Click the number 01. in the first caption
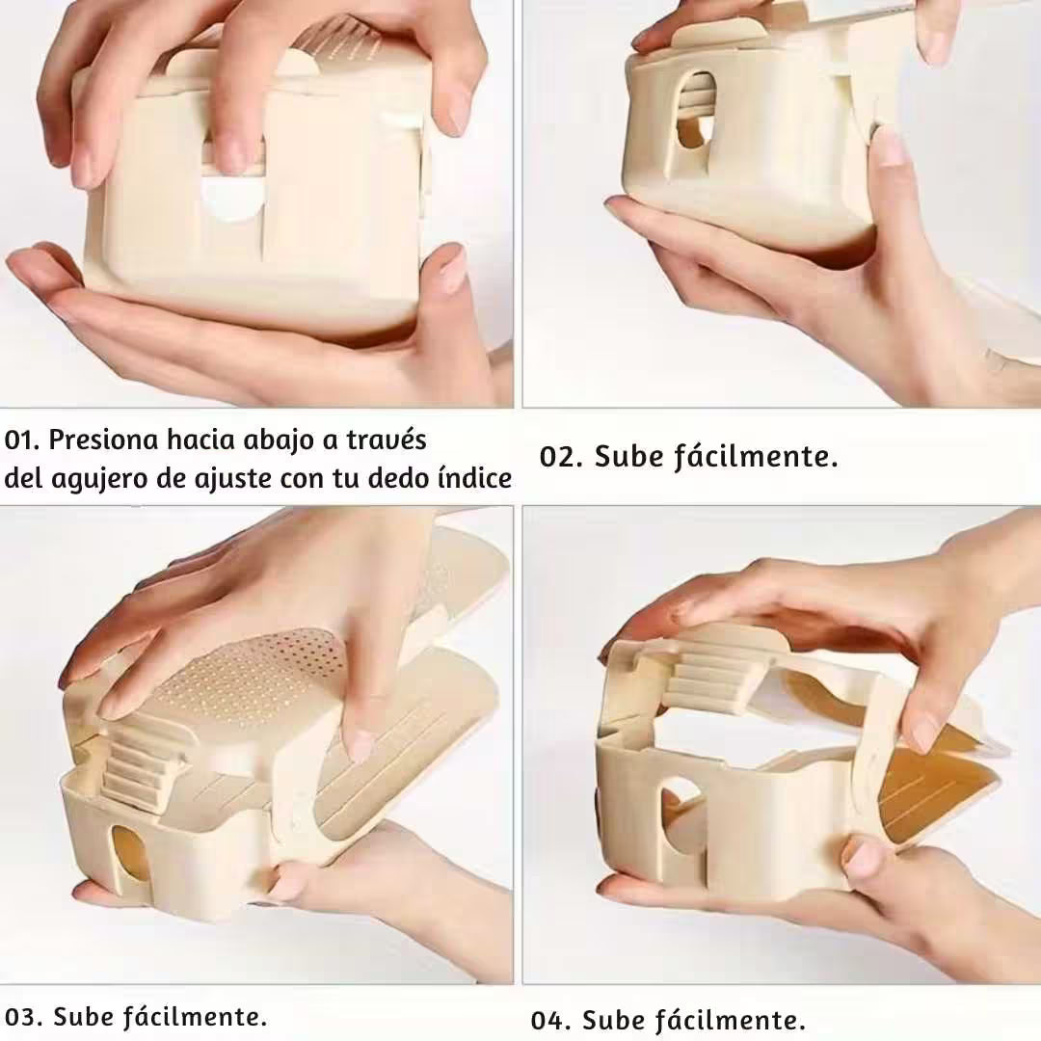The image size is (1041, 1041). point(22,440)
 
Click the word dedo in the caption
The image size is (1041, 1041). point(400,479)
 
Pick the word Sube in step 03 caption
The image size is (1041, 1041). point(82,1017)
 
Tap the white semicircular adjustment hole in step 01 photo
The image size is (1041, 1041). point(231,198)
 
